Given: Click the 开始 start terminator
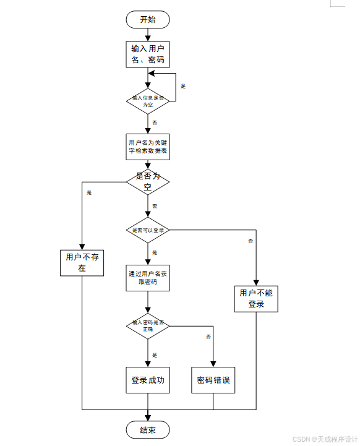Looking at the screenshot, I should pyautogui.click(x=148, y=20).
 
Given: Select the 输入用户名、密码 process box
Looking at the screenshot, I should pyautogui.click(x=148, y=54).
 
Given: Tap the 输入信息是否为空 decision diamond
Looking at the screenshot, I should pyautogui.click(x=148, y=101).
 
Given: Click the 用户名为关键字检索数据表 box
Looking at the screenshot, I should pyautogui.click(x=148, y=147).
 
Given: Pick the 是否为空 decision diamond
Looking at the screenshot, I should pyautogui.click(x=148, y=181).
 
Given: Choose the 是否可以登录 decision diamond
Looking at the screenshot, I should pyautogui.click(x=148, y=230).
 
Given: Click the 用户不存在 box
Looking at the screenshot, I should pyautogui.click(x=82, y=263).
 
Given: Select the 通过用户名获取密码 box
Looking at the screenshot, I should pyautogui.click(x=148, y=278).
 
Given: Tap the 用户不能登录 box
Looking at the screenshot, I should pyautogui.click(x=256, y=299).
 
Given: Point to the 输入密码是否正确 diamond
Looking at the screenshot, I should pyautogui.click(x=148, y=325).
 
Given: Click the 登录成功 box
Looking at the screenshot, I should pyautogui.click(x=148, y=380).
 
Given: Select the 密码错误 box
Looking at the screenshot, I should pyautogui.click(x=213, y=380).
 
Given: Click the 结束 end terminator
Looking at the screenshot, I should pyautogui.click(x=148, y=430).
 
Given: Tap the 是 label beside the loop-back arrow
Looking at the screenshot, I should pyautogui.click(x=183, y=86).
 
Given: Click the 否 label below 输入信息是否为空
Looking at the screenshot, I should pyautogui.click(x=155, y=122).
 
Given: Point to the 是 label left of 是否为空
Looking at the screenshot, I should pyautogui.click(x=89, y=192).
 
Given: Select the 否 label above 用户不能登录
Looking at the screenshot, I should pyautogui.click(x=251, y=240).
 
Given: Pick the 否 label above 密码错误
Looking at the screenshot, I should pyautogui.click(x=208, y=337).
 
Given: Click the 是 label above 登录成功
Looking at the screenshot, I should pyautogui.click(x=155, y=355).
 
